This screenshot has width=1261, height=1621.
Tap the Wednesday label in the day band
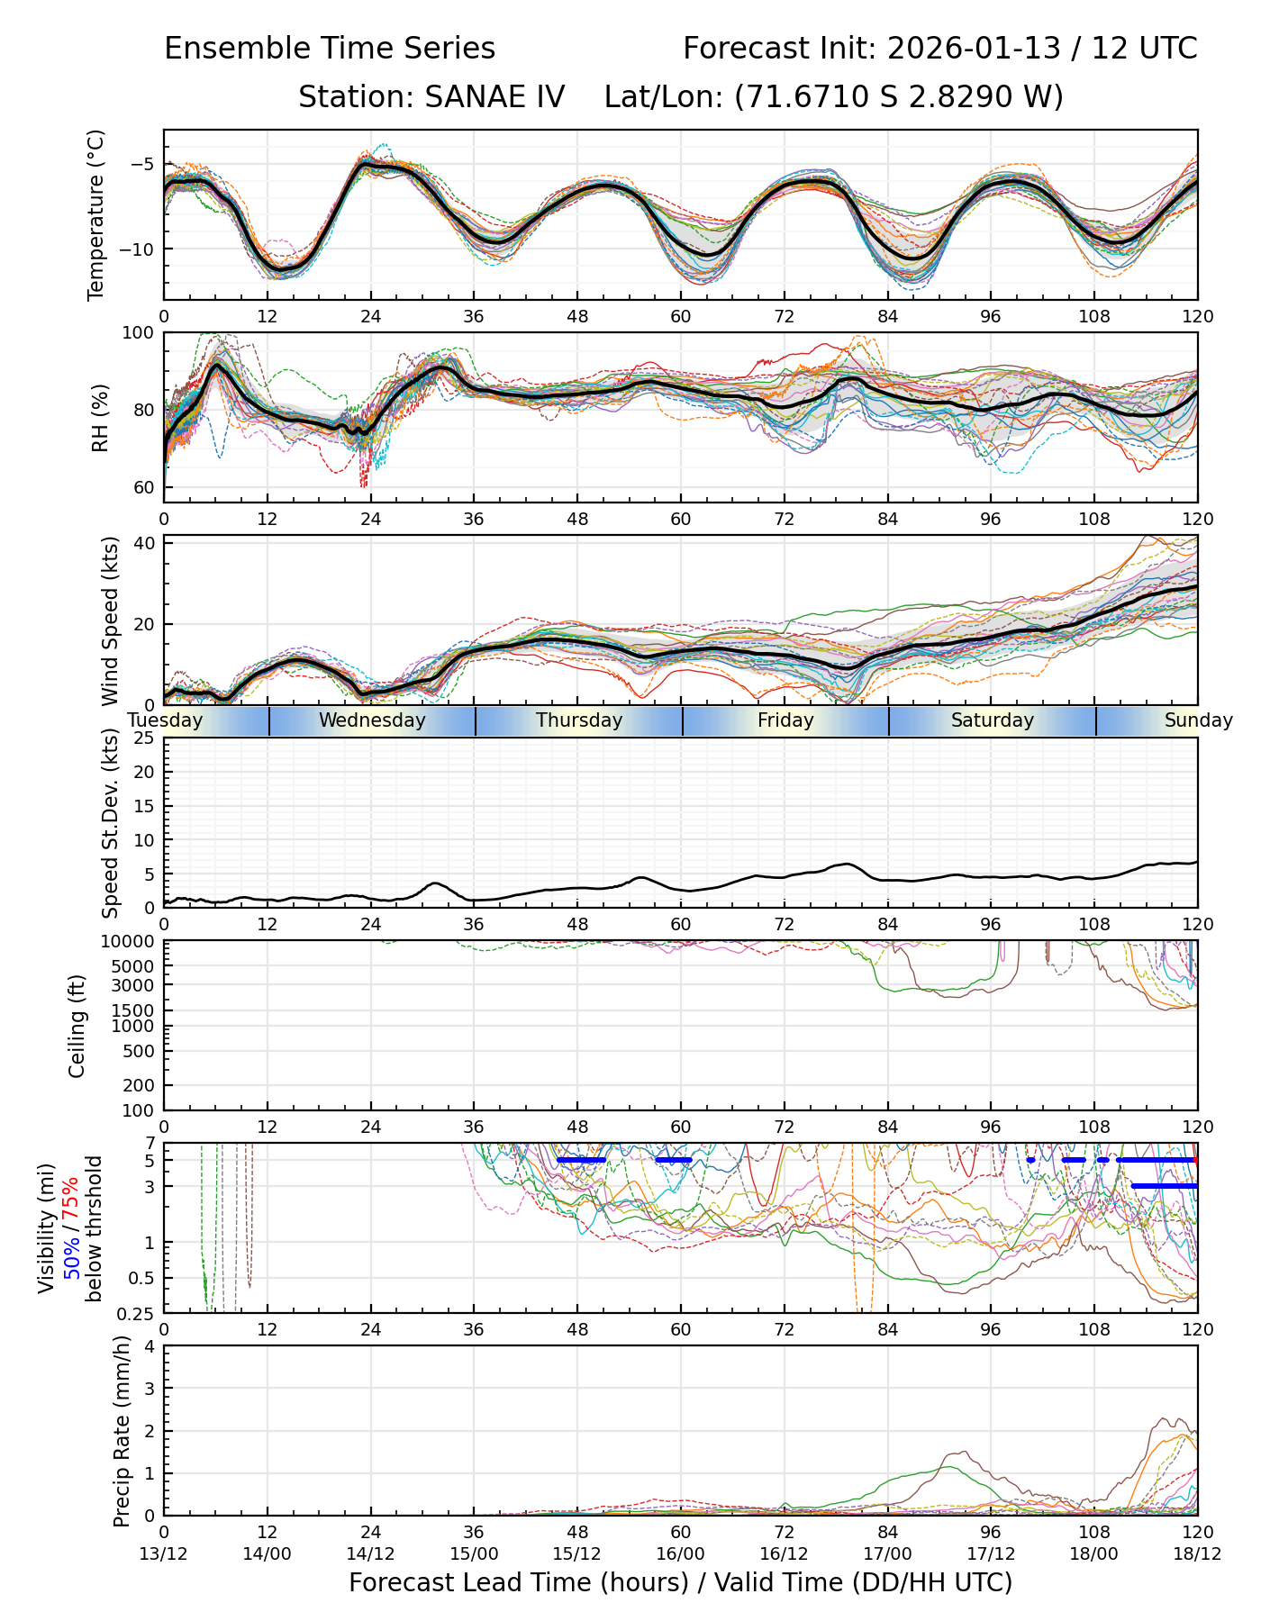[372, 720]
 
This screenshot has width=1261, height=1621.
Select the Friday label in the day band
[785, 720]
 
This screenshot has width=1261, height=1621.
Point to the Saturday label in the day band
[993, 720]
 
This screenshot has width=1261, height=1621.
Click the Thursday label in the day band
[579, 720]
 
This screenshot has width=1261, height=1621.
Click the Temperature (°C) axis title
[96, 214]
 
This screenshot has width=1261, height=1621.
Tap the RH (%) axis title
[100, 418]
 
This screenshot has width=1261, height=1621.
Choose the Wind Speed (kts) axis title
[110, 620]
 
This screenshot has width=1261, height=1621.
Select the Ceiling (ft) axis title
[77, 1026]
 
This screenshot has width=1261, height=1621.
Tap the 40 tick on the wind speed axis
[144, 543]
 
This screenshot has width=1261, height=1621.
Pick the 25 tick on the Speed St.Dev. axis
[144, 738]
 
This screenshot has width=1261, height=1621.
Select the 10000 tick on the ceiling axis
[131, 942]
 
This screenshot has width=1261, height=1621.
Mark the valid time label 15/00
[474, 1553]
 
